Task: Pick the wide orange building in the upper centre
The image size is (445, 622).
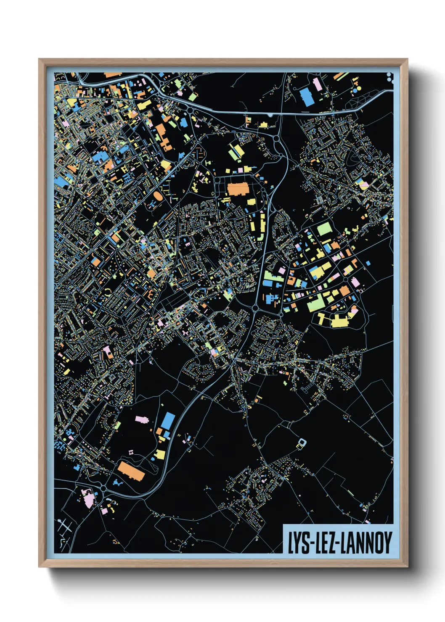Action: (x=238, y=189)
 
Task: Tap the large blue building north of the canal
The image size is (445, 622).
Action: (x=306, y=96)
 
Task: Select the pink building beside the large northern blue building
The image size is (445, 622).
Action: (x=318, y=84)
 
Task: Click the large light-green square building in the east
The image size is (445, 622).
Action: (x=324, y=229)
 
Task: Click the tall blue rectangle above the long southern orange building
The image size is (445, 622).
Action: (x=168, y=420)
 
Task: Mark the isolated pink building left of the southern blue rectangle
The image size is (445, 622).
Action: (x=141, y=419)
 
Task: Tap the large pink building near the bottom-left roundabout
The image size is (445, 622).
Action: (x=89, y=499)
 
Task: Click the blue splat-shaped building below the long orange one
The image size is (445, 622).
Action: (x=117, y=484)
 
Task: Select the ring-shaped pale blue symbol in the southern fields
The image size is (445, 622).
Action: (x=302, y=442)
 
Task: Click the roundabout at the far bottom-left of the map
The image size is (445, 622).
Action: (x=103, y=488)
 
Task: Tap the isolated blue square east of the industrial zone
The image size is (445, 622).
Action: (x=368, y=263)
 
